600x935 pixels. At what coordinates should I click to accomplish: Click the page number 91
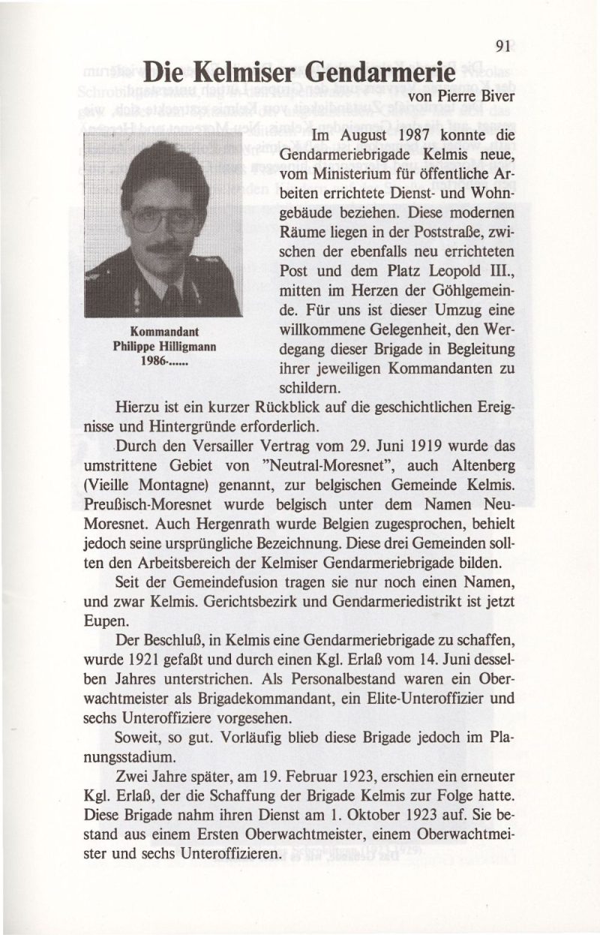pyautogui.click(x=503, y=47)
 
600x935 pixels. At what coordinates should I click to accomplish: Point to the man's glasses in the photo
pyautogui.click(x=162, y=220)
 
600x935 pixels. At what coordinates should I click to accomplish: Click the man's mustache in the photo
pyautogui.click(x=165, y=247)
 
